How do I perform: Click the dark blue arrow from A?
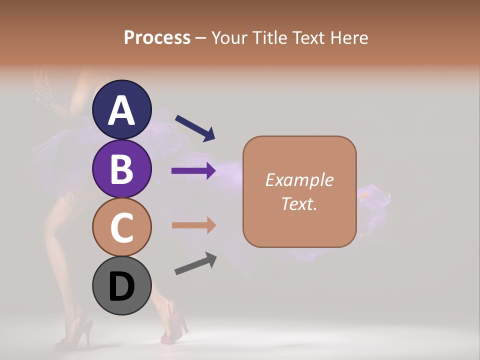[195, 128]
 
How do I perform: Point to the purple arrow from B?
[193, 171]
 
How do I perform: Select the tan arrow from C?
[193, 225]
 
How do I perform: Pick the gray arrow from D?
[195, 263]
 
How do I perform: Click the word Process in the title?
[157, 37]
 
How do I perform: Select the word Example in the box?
[299, 180]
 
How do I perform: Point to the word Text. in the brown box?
[299, 203]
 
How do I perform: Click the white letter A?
[121, 110]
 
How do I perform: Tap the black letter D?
[121, 287]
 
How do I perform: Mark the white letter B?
[121, 169]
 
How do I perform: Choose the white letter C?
[121, 228]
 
